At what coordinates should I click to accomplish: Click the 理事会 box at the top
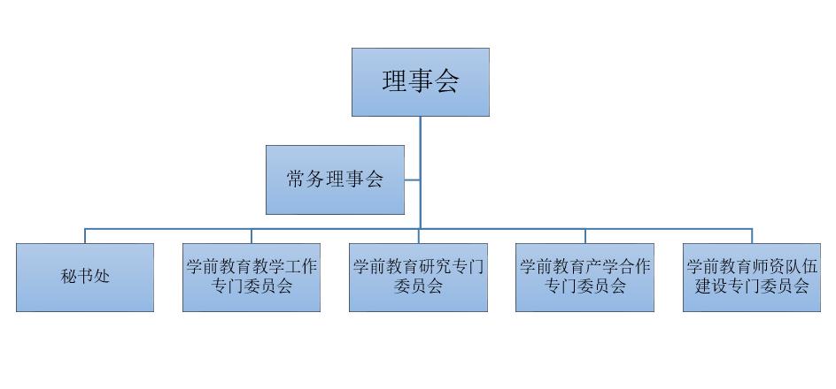(420, 82)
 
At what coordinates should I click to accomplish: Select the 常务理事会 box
(335, 179)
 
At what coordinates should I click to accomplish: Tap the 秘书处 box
(85, 278)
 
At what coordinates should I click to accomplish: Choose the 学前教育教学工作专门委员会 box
(252, 278)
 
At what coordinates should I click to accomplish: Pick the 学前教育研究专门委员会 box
(418, 278)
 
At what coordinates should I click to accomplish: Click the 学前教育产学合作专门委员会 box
(584, 278)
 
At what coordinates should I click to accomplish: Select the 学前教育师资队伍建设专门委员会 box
(752, 278)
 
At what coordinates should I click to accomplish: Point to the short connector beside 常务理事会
(412, 179)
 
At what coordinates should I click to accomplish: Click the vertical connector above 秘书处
(85, 236)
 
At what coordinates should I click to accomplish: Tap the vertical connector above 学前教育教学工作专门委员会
(252, 236)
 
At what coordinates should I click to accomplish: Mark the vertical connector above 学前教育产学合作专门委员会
(584, 236)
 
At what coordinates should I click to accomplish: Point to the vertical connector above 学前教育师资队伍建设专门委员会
(752, 236)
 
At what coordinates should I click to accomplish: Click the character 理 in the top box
(394, 82)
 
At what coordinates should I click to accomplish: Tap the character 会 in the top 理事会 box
(446, 82)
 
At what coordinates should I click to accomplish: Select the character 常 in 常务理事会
(296, 179)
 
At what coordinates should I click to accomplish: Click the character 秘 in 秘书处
(69, 278)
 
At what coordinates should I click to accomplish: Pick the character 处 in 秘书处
(101, 278)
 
